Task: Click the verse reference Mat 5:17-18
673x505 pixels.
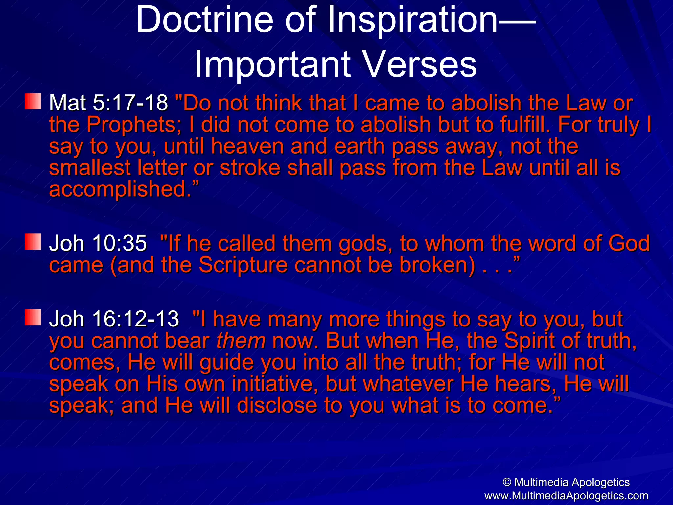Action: tap(108, 103)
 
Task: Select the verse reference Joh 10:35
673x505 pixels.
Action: tap(98, 244)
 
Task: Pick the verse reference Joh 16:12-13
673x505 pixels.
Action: tap(114, 319)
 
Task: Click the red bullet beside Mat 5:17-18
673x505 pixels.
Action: tap(33, 102)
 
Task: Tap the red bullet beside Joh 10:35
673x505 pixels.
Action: tap(33, 242)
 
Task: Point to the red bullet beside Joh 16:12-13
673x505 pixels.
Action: tap(33, 317)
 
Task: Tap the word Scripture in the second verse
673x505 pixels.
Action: tap(243, 265)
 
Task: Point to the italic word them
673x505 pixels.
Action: tap(241, 341)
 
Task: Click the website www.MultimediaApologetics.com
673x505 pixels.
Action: tap(566, 496)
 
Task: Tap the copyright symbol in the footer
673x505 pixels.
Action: tap(507, 482)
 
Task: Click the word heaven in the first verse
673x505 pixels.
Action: tap(247, 147)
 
